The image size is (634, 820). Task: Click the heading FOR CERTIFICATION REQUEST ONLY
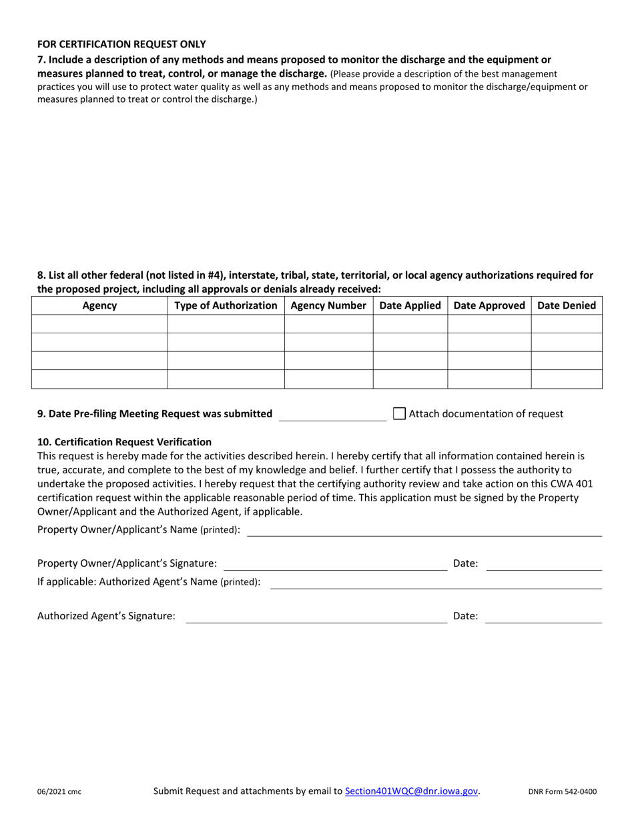click(121, 45)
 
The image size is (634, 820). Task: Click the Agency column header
click(99, 306)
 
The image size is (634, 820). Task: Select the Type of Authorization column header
click(226, 306)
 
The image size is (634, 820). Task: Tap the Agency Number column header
click(328, 306)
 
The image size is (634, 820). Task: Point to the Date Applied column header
click(410, 306)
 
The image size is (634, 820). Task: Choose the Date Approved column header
click(489, 306)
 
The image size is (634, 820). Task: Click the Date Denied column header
click(567, 306)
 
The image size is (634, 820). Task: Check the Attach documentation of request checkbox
click(399, 413)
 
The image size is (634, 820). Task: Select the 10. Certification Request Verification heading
click(124, 442)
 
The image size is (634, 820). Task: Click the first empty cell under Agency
click(99, 324)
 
